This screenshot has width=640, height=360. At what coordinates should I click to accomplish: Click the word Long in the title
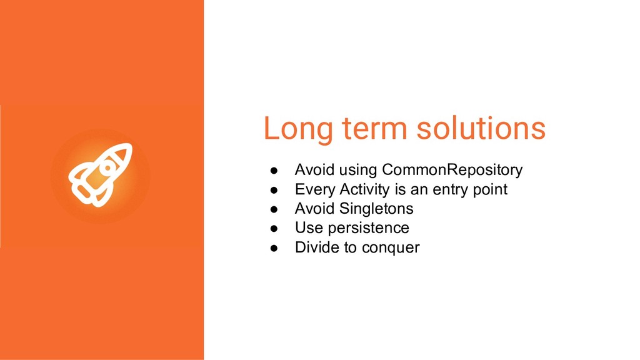click(298, 129)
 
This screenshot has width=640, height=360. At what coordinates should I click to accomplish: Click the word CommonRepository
click(452, 170)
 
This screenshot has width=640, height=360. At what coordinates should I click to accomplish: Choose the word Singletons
click(376, 209)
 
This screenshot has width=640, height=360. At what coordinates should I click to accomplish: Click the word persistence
click(369, 228)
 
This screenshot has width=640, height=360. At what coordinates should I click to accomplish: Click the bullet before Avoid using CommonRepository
click(274, 171)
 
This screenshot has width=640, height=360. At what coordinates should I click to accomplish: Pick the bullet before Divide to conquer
click(274, 247)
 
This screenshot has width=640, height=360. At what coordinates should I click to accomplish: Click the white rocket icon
click(101, 175)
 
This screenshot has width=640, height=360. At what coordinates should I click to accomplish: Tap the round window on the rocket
click(107, 167)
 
